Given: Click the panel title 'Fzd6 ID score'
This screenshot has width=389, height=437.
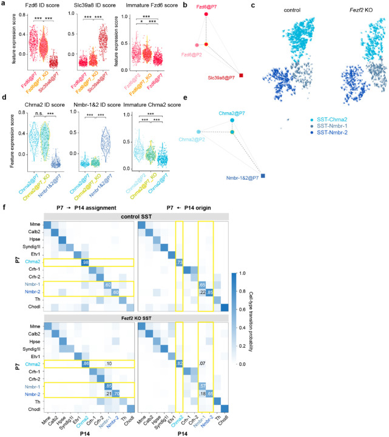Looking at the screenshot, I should coord(38,7).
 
